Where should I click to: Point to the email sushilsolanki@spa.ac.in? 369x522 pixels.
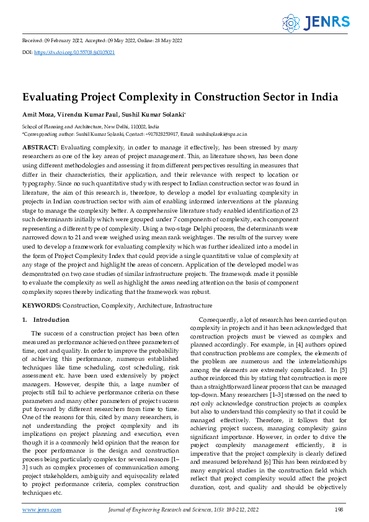tap(221, 133)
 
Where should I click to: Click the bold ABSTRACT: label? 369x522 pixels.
tap(40, 147)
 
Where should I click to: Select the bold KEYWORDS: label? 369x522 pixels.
tap(42, 305)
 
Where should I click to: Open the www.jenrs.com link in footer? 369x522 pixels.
tap(42, 509)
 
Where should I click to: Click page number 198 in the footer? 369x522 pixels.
tap(339, 509)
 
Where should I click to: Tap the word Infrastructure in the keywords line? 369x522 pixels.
tap(193, 305)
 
